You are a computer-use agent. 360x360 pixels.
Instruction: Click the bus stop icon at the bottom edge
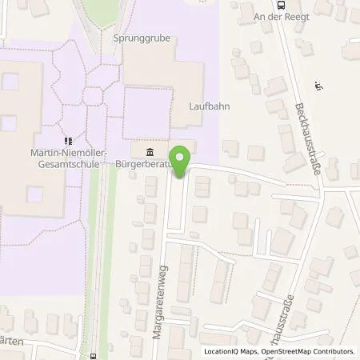pos(94,357)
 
